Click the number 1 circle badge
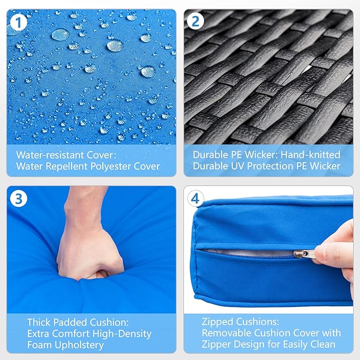(x=19, y=22)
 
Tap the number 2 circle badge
(x=196, y=21)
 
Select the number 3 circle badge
(x=19, y=199)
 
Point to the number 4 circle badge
(x=196, y=199)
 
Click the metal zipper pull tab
(x=305, y=254)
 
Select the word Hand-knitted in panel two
(x=310, y=155)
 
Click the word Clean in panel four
(x=322, y=345)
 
